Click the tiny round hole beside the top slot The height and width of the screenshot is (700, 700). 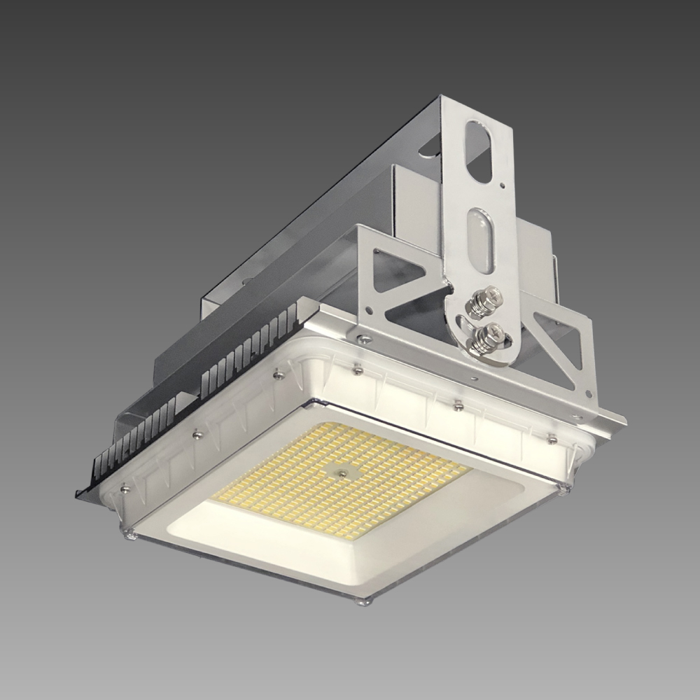(503, 185)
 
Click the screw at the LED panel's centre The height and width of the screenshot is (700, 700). (341, 474)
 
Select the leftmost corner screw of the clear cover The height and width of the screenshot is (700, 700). (129, 535)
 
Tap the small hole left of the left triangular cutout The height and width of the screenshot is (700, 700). (376, 251)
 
